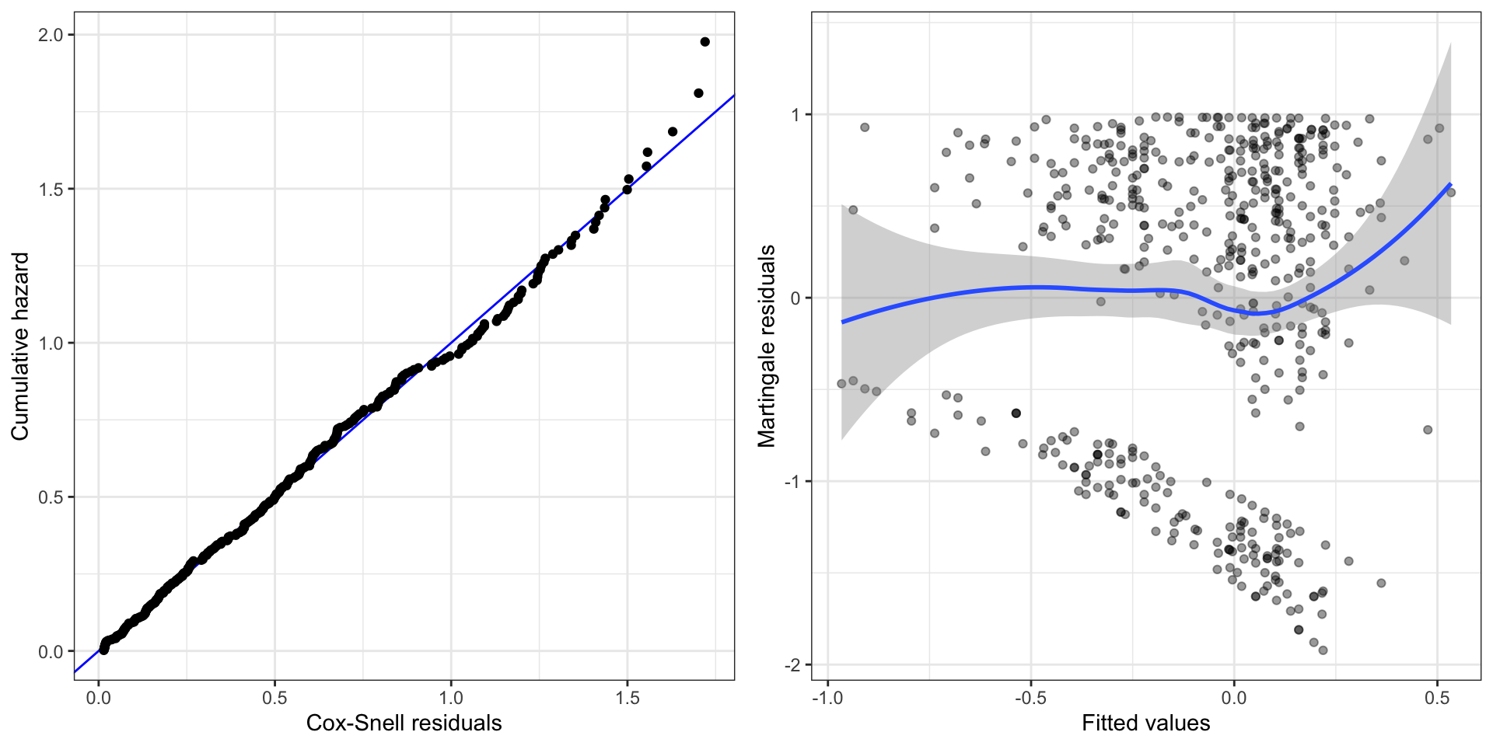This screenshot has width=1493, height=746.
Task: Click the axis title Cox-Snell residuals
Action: tap(404, 723)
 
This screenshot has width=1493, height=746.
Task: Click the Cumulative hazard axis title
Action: tap(20, 346)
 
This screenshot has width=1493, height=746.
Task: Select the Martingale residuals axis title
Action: tap(767, 346)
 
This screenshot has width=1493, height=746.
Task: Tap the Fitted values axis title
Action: tap(1145, 723)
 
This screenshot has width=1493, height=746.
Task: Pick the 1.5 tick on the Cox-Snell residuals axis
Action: tap(627, 697)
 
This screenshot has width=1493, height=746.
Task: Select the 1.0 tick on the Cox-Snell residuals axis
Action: tap(451, 697)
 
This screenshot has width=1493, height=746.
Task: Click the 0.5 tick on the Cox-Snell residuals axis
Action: tap(274, 697)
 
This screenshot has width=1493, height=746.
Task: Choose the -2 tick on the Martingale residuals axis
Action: tap(792, 665)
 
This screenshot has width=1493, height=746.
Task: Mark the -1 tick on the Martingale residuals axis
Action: tap(792, 482)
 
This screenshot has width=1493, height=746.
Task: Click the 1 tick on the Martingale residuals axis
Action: tap(795, 115)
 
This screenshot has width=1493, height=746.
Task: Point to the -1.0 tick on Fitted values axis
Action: tap(827, 697)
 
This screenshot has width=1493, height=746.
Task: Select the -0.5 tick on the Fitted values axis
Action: tap(1030, 697)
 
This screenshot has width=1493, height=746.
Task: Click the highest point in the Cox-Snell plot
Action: tap(705, 42)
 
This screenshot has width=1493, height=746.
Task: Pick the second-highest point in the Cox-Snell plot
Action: tap(698, 93)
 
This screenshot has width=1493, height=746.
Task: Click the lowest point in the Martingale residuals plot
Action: tap(1323, 650)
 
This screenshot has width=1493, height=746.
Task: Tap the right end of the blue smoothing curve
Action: tap(1451, 184)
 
